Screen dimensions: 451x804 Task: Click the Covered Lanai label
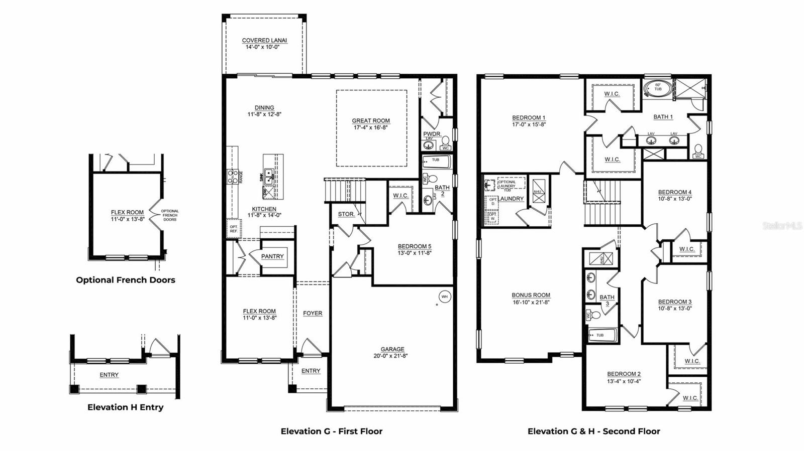click(x=264, y=40)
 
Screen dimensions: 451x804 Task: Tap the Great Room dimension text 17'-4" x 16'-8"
click(x=371, y=127)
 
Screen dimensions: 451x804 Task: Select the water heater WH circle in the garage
click(x=444, y=296)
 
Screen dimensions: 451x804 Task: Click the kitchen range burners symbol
click(x=233, y=176)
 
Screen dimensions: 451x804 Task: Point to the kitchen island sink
click(x=269, y=175)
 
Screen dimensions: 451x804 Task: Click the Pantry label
click(x=272, y=256)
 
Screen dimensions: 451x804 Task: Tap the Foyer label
click(x=313, y=313)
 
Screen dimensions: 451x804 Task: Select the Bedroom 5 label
click(x=415, y=246)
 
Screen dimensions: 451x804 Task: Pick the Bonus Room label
click(x=531, y=295)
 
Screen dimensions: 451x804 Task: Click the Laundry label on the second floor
click(x=511, y=199)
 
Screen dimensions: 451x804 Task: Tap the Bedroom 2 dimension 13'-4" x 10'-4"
click(x=624, y=381)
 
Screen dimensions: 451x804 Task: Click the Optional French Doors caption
click(x=126, y=280)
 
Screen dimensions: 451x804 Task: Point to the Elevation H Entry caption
click(x=125, y=407)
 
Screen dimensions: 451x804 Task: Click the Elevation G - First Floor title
click(x=331, y=431)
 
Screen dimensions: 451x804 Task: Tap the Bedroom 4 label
click(x=675, y=192)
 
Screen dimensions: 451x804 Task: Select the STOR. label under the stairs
click(x=346, y=214)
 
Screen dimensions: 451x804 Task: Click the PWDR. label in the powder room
click(x=432, y=134)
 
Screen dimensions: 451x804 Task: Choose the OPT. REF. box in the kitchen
click(x=234, y=228)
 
